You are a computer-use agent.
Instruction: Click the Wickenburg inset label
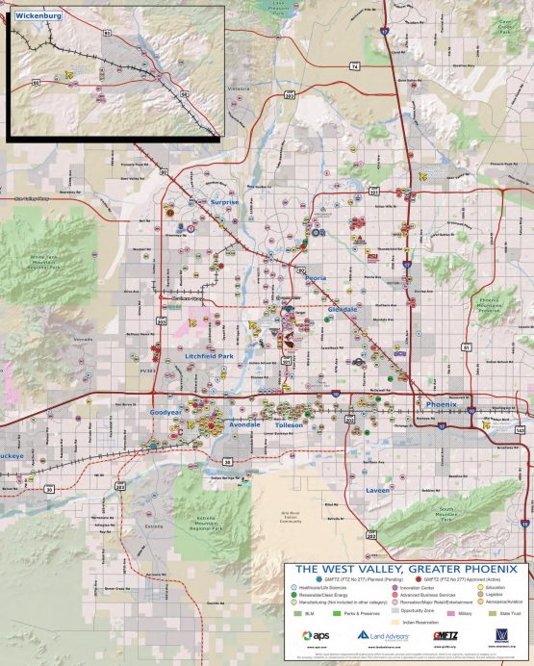click(x=33, y=15)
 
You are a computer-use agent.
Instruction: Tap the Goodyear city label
click(x=166, y=411)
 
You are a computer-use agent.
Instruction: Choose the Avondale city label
click(x=245, y=424)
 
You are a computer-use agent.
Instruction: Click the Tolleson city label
click(x=289, y=424)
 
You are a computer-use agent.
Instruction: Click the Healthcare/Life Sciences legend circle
click(x=294, y=586)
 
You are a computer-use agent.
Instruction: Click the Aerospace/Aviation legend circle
click(x=481, y=601)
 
